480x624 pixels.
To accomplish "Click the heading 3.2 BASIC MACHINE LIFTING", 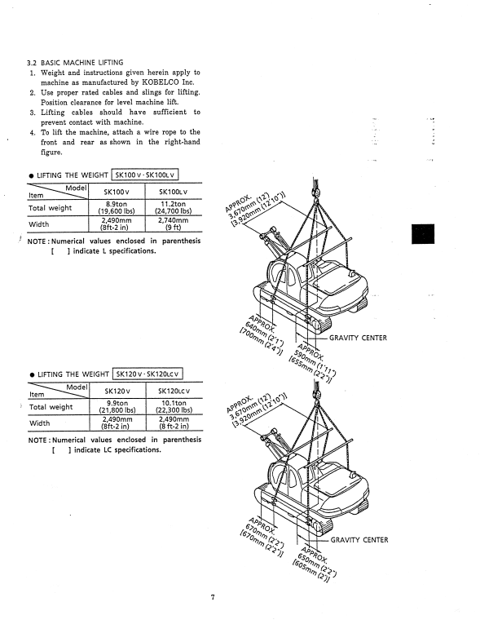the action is point(75,63).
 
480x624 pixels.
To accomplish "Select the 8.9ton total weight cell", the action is point(117,207).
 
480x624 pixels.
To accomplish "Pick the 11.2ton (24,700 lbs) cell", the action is point(174,207).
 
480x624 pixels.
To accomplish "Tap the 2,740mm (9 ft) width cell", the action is point(174,223).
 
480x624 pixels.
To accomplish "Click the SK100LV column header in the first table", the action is point(173,192).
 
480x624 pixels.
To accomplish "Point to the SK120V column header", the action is point(117,392).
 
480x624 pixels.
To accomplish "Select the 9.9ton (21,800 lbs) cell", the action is point(117,406).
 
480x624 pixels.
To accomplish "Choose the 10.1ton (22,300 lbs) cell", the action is point(174,406).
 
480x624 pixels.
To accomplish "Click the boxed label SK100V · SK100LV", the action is point(145,175).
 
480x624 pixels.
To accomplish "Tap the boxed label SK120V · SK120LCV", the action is point(148,374).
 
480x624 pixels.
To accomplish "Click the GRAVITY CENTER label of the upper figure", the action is point(358,338).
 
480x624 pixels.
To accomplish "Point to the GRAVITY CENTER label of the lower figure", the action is point(359,540).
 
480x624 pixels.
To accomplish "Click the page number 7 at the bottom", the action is point(213,597).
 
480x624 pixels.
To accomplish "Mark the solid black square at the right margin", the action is point(423,234).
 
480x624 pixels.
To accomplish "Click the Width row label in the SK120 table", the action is point(39,423).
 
